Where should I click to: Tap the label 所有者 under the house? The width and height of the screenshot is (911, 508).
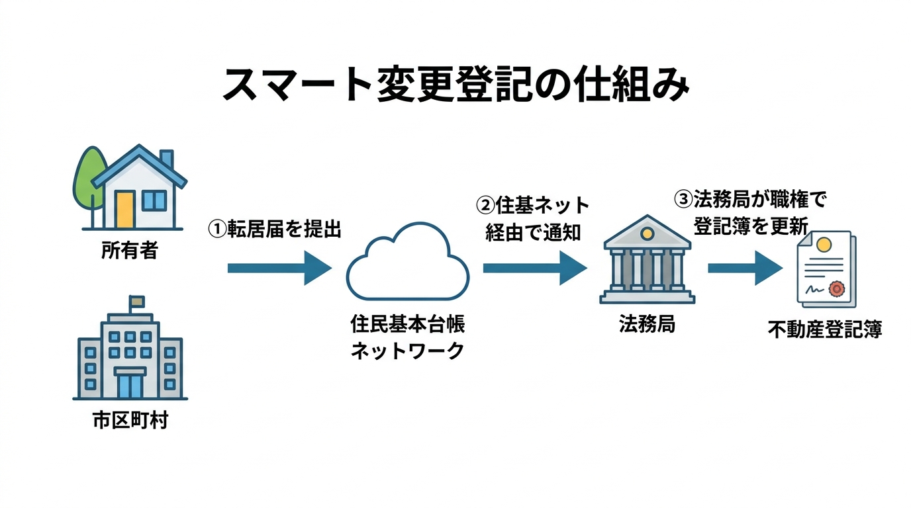point(130,251)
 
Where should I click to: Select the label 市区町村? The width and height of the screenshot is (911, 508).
point(130,421)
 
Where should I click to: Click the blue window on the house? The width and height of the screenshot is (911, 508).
point(155,200)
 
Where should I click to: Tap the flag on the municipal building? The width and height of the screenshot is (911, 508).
point(136,302)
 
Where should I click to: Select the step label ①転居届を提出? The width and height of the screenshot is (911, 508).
point(274,229)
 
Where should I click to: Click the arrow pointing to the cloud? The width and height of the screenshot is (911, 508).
point(279,268)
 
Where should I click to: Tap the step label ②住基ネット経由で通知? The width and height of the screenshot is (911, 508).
point(533,219)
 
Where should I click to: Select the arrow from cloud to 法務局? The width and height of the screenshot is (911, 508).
point(534,268)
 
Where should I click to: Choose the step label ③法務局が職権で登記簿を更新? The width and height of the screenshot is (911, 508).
point(750,212)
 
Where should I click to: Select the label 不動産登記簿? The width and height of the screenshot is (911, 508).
point(824,329)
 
